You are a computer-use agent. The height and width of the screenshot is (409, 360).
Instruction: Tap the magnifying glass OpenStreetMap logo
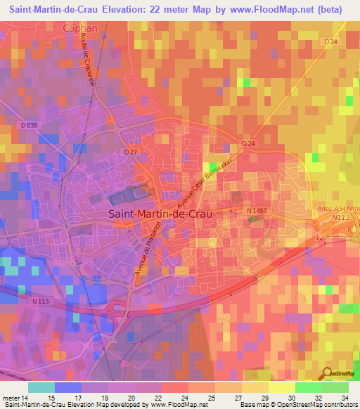pyautogui.click(x=328, y=373)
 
